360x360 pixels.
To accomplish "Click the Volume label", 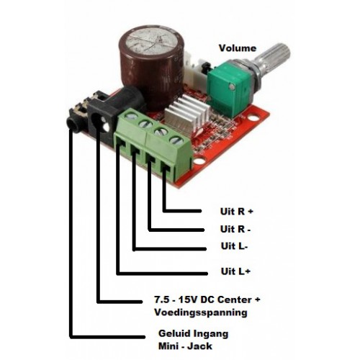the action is point(238,48).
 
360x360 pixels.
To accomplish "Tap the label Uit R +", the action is point(237,212).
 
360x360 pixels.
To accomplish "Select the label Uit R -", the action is point(235,229).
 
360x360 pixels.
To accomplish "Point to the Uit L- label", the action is point(234,246).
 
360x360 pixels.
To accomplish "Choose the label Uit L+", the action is point(235,271).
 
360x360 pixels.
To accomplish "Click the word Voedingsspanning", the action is point(201,312).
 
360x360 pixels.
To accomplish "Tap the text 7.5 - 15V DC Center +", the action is point(207,300).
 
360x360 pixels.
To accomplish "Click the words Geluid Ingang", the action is point(193,333).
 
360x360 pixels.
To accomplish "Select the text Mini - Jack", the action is point(185,346).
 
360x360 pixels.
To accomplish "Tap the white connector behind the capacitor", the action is point(193,69).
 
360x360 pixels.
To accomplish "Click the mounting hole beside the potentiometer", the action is point(253,118).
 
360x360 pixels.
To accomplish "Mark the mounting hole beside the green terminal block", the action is point(199,161).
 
